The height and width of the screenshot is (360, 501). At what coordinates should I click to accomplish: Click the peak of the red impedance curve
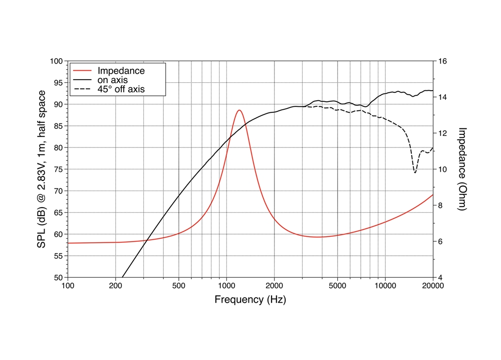click(x=239, y=110)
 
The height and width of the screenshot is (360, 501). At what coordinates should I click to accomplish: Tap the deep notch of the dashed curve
click(x=415, y=172)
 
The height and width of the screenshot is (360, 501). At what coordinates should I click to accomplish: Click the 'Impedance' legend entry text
click(x=121, y=71)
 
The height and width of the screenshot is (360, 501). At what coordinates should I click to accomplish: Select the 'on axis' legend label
click(x=112, y=80)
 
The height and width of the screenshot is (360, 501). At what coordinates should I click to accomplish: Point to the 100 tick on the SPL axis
click(x=57, y=61)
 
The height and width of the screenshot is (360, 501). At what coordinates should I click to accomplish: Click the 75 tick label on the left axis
click(x=58, y=169)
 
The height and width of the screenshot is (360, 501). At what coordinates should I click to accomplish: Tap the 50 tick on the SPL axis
click(x=58, y=277)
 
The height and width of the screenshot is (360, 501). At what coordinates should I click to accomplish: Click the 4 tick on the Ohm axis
click(x=439, y=277)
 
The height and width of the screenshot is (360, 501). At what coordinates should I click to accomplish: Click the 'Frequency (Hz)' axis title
click(x=250, y=300)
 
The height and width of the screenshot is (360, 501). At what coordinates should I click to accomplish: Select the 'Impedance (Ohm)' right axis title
click(x=462, y=169)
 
